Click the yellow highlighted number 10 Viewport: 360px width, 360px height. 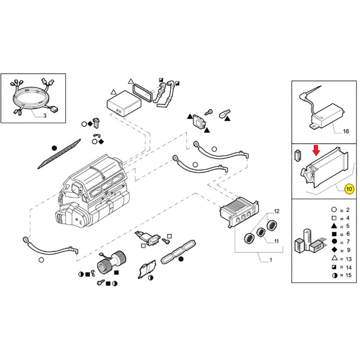(x=349, y=188)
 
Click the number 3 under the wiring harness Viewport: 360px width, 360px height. (x=45, y=116)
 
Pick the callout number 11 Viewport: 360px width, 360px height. (x=276, y=241)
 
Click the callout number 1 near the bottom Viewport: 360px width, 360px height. (x=271, y=260)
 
